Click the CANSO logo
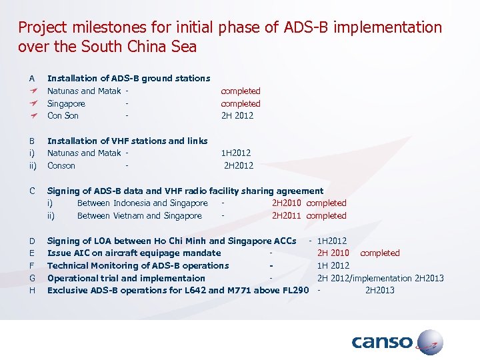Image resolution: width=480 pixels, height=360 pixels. [397, 343]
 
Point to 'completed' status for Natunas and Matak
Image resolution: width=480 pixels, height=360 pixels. [241, 91]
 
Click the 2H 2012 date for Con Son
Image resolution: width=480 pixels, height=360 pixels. [237, 115]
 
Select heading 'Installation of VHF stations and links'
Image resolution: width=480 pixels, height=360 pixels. [127, 141]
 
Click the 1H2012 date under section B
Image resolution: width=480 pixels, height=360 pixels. [236, 153]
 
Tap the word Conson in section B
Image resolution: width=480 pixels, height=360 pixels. [61, 165]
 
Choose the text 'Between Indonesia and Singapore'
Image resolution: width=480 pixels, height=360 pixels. [143, 203]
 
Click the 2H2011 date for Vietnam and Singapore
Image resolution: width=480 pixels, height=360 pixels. [286, 215]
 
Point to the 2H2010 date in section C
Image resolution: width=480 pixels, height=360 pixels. [286, 203]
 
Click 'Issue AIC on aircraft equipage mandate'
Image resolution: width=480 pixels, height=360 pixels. [134, 253]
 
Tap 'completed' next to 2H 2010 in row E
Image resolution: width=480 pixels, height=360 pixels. [379, 253]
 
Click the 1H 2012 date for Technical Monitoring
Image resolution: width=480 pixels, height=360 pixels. [333, 265]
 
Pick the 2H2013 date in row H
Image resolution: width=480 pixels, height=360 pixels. [379, 290]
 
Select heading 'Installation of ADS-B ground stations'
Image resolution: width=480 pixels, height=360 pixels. [129, 79]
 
